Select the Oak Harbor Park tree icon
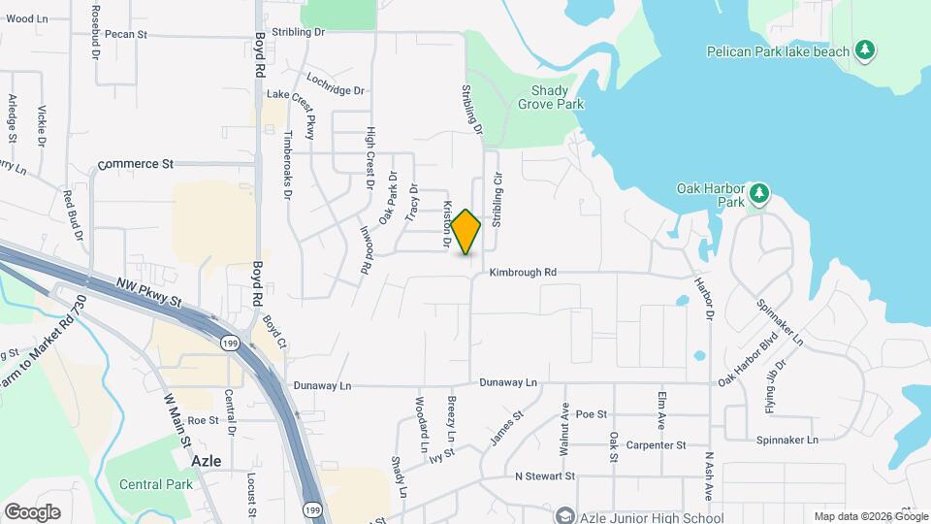coord(759,194)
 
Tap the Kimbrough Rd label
coord(523,274)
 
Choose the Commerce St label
coord(135,164)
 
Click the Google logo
coord(32,511)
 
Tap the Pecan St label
coord(126,34)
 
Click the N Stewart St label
coord(544,476)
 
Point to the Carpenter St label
coord(656,445)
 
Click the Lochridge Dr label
coord(335,83)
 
